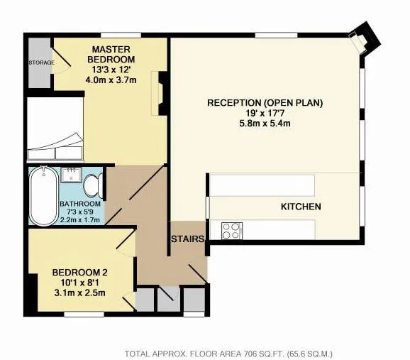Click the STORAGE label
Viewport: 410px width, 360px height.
41,62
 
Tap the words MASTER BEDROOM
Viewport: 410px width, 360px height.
111,54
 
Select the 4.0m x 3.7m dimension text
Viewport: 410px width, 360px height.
111,80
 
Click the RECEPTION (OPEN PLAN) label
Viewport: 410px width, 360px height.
265,103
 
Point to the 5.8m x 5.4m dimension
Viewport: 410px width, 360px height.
265,123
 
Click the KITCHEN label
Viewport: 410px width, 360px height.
301,207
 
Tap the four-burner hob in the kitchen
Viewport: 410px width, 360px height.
232,231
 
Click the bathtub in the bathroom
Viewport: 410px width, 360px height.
44,195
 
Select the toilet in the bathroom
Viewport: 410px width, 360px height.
94,185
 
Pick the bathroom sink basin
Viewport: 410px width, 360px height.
71,175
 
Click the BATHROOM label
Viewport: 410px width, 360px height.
80,204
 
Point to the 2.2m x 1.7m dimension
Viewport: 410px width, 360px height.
80,219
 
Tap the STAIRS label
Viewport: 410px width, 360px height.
187,239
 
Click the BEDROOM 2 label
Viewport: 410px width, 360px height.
79,272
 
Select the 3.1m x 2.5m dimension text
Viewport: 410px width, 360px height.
79,293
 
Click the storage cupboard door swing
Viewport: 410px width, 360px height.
62,61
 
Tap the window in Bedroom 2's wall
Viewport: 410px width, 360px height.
84,314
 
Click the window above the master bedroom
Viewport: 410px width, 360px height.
121,35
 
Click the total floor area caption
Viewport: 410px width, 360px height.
228,354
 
